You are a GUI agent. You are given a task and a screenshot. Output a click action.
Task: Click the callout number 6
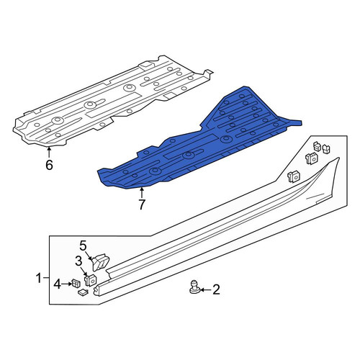tap(49, 165)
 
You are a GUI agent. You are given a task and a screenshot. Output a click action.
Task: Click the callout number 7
tap(142, 204)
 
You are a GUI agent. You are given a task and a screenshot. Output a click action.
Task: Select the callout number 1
tap(39, 279)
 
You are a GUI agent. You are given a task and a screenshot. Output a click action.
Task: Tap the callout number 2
tap(216, 289)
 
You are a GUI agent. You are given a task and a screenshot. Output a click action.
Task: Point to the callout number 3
tap(78, 261)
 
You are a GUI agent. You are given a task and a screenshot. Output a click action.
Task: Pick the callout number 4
tap(58, 284)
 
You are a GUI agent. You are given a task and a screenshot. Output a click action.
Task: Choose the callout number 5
tap(83, 246)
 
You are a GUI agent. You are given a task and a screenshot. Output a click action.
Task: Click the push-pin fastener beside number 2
tap(194, 287)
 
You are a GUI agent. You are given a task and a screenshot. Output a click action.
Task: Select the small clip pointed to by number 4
tap(76, 283)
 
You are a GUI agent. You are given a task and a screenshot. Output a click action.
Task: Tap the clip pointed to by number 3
tap(90, 280)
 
